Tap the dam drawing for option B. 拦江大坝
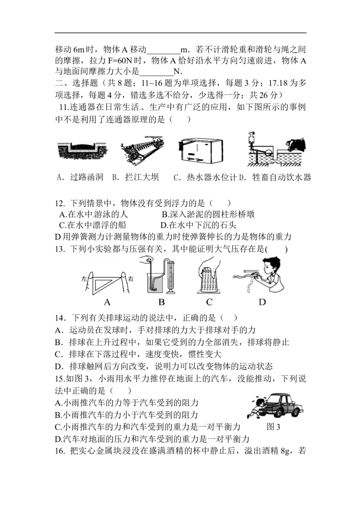(x=142, y=150)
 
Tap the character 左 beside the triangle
(x=84, y=279)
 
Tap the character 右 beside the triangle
(x=131, y=279)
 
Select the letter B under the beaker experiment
(x=161, y=302)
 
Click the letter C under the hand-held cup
(x=209, y=302)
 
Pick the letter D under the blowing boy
(x=262, y=302)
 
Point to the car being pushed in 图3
(x=281, y=405)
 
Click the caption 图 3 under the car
(x=273, y=427)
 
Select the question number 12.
(x=60, y=204)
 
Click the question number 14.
(x=60, y=318)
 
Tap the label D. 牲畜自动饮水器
(x=276, y=177)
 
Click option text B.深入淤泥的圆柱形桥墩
(x=208, y=214)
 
